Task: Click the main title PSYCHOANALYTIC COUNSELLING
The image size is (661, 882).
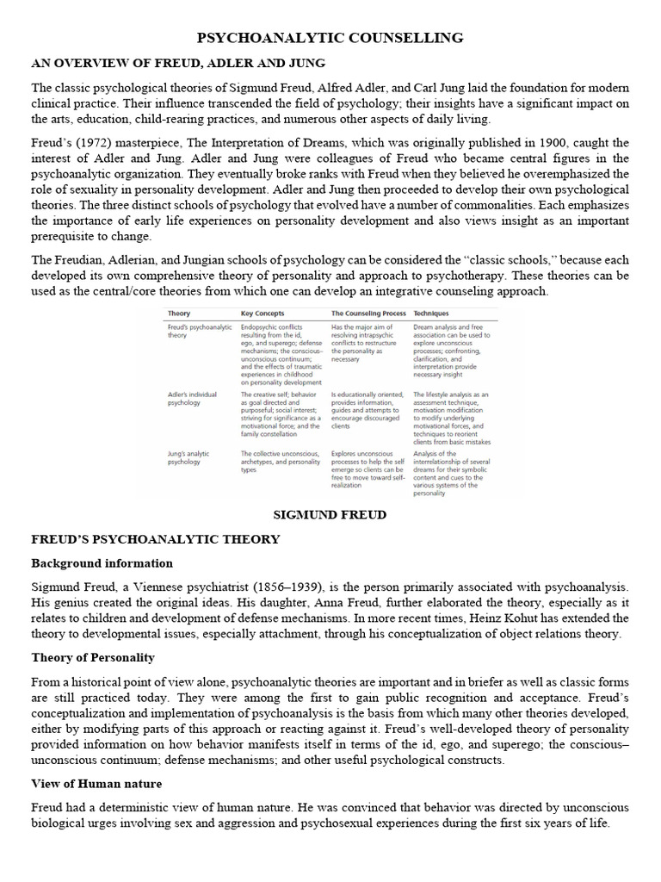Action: coord(330,38)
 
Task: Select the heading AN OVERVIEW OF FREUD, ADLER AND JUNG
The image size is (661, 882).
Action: coord(178,64)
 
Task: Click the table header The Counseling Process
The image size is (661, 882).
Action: coord(368,314)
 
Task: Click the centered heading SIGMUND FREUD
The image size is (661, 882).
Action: coord(330,514)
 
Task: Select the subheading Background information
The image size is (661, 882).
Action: coord(102,563)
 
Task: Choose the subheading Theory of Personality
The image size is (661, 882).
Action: coord(93,657)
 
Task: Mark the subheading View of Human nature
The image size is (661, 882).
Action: coord(96,784)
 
